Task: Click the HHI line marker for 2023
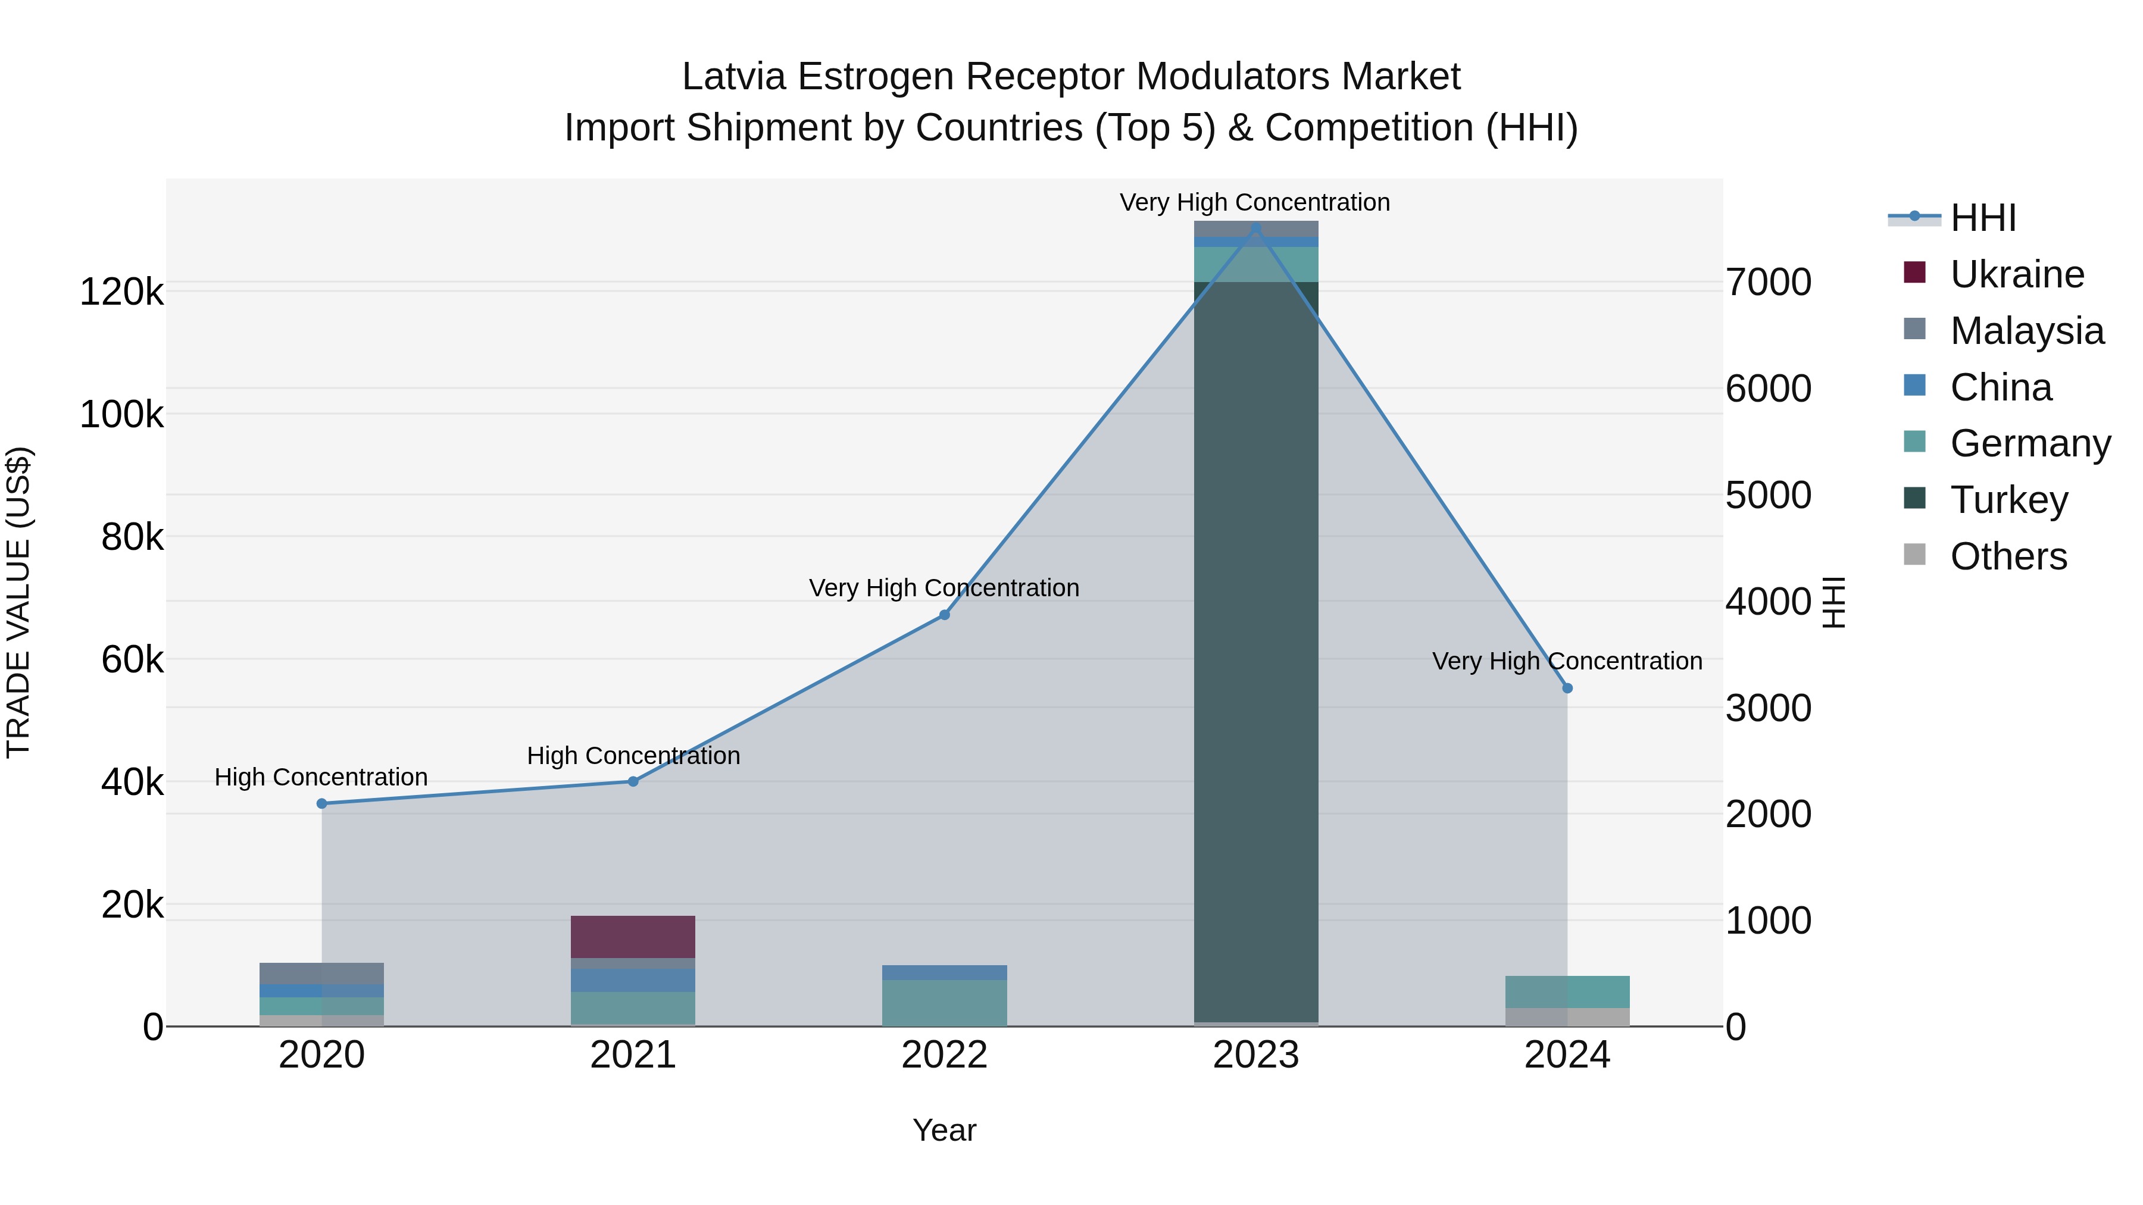(1255, 229)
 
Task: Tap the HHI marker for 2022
(944, 615)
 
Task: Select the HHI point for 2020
(322, 803)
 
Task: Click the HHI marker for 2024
(1567, 688)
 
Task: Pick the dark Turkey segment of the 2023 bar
(1255, 649)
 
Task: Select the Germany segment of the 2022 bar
(944, 1002)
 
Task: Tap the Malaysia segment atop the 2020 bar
(322, 973)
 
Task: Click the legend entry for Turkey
(2008, 500)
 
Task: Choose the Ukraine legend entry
(2017, 274)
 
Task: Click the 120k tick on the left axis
(121, 293)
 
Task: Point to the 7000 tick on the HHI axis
(1769, 283)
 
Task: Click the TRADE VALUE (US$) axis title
(19, 602)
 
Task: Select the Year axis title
(944, 1130)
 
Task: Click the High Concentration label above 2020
(321, 777)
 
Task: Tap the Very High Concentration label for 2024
(1567, 661)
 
